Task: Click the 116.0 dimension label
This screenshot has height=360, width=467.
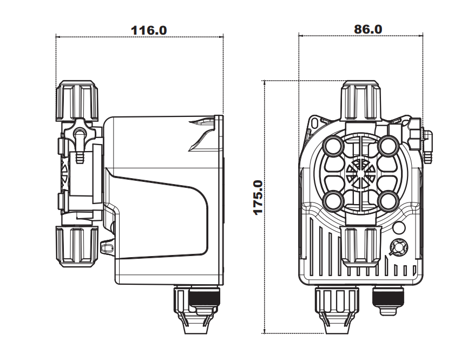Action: [149, 30]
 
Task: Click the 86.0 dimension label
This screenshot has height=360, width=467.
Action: [368, 29]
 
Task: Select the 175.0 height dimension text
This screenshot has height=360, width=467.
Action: [258, 197]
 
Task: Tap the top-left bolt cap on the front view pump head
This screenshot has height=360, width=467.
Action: [333, 145]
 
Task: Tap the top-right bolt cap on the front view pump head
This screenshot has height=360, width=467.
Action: [389, 145]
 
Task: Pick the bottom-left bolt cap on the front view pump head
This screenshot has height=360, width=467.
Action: [333, 200]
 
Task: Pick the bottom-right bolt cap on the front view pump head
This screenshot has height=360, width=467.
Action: [389, 200]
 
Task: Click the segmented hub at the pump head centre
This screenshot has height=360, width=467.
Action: [361, 173]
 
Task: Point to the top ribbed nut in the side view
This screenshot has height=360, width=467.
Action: [77, 101]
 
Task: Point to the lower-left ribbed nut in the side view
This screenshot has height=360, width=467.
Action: [77, 246]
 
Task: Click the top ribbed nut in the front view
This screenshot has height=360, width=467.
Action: [361, 101]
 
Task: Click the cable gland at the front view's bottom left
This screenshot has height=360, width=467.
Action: [336, 309]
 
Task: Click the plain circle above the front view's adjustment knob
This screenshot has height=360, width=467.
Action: [399, 228]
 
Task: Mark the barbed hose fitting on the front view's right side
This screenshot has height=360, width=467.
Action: [427, 147]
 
